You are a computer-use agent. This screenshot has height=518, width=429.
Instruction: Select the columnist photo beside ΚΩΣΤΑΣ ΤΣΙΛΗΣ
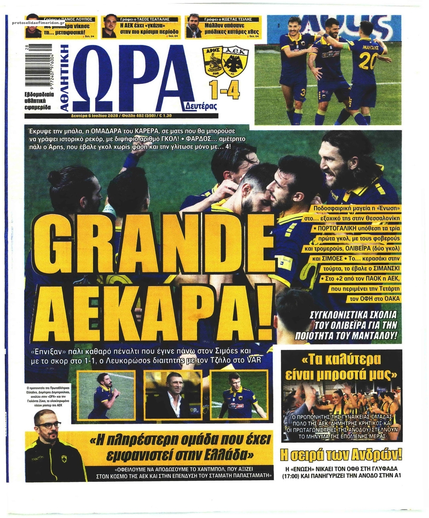tap(194, 27)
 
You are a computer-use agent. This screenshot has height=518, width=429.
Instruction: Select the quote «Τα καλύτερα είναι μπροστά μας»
tap(341, 367)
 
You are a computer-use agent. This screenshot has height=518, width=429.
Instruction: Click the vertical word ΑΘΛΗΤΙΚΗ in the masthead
tap(67, 76)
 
